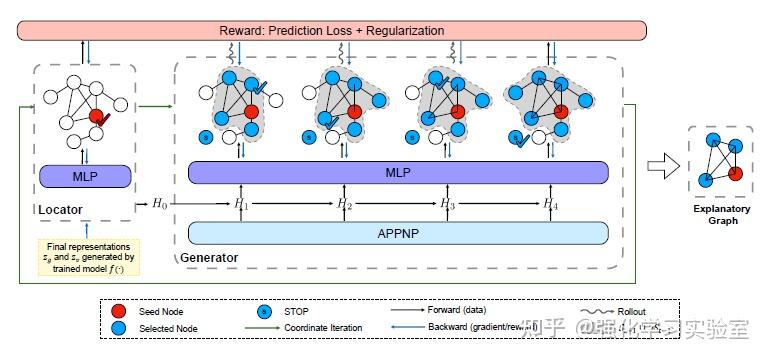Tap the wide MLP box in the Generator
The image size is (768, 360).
pyautogui.click(x=398, y=172)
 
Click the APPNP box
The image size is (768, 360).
pyautogui.click(x=398, y=233)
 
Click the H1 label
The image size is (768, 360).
pyautogui.click(x=240, y=203)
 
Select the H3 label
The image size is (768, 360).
pyautogui.click(x=448, y=203)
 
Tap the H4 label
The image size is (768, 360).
pyautogui.click(x=550, y=203)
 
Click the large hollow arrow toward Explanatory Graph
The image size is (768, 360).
pyautogui.click(x=661, y=166)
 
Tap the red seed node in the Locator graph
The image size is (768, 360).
pyautogui.click(x=97, y=118)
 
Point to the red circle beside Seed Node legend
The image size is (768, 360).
pyautogui.click(x=119, y=310)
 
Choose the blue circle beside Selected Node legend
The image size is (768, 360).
pyautogui.click(x=119, y=326)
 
